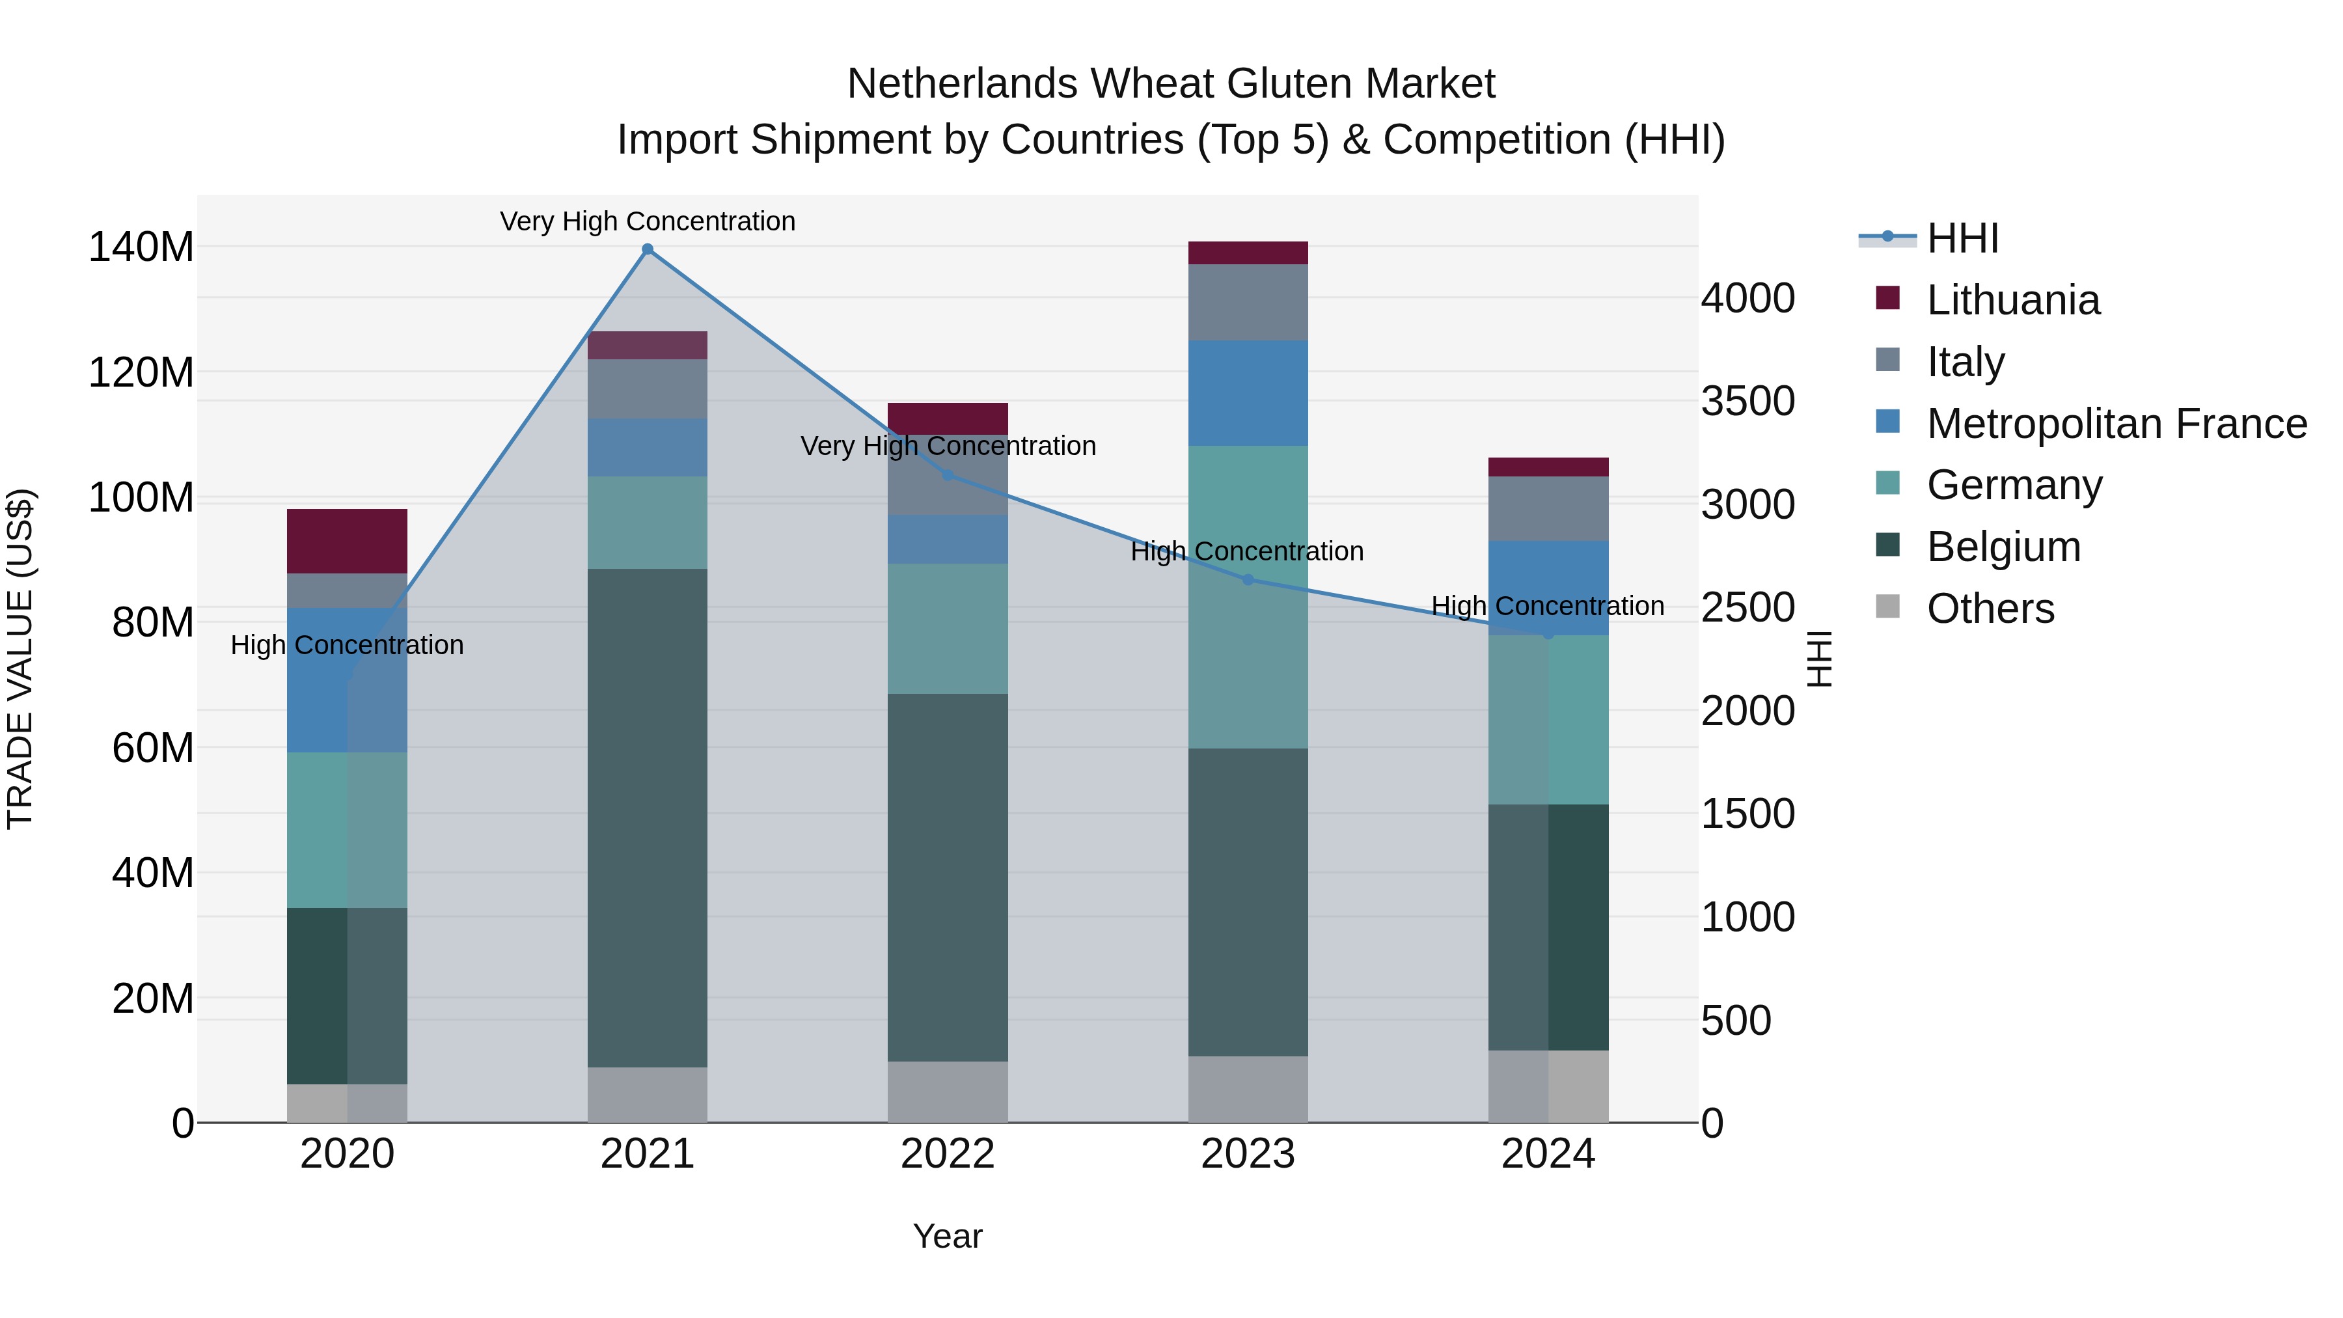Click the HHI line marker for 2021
(x=648, y=249)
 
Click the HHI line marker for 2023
(x=1248, y=579)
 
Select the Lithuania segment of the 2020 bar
(x=346, y=542)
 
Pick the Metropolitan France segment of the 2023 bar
(x=1248, y=393)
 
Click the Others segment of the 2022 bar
(x=948, y=1091)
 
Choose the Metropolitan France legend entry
(x=2116, y=424)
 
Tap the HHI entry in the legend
(x=1962, y=238)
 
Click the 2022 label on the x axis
(x=948, y=1154)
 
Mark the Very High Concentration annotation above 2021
(x=648, y=221)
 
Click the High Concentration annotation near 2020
(x=346, y=645)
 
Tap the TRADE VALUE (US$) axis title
(x=20, y=659)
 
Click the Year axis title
(x=948, y=1236)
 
